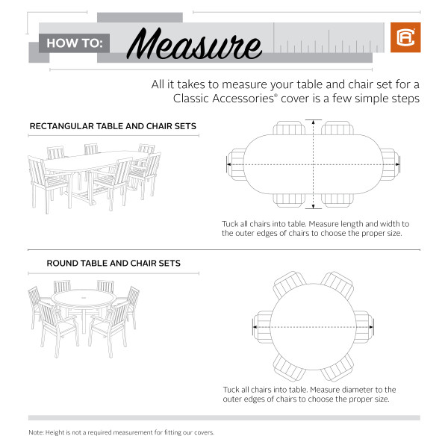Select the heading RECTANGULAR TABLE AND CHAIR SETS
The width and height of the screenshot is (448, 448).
(x=113, y=126)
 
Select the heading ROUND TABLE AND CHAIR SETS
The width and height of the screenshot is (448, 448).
(x=113, y=264)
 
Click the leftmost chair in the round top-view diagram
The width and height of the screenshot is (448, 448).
(x=261, y=326)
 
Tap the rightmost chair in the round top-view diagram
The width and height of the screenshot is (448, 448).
(x=364, y=326)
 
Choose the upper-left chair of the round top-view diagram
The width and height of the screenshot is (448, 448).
(x=287, y=287)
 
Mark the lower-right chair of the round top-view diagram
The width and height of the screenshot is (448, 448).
(x=337, y=367)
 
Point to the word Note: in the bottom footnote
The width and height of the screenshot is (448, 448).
(x=37, y=432)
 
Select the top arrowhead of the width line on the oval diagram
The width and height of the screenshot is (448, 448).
(x=314, y=122)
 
